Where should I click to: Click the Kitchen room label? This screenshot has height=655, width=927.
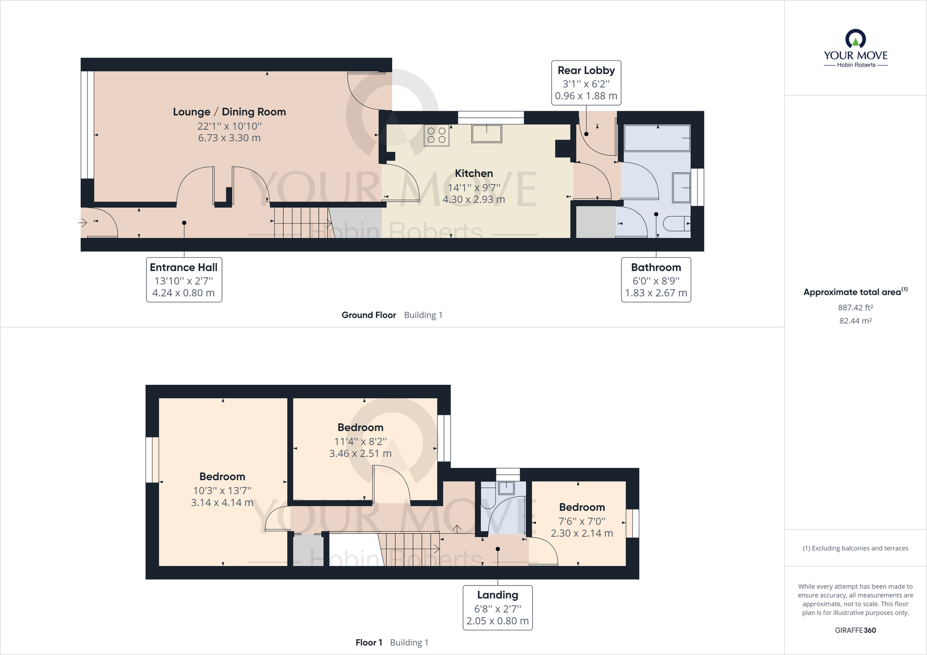click(474, 173)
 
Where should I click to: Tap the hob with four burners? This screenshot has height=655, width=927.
click(437, 135)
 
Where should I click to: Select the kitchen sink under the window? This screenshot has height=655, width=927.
click(487, 134)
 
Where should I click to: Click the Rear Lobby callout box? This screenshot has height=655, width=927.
click(586, 83)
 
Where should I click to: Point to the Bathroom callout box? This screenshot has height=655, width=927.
click(656, 280)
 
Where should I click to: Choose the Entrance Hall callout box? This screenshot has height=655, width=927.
click(184, 280)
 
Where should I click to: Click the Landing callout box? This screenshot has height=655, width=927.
click(498, 608)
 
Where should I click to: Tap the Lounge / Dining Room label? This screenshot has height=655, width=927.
click(229, 112)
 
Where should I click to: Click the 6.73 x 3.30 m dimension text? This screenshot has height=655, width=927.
click(229, 138)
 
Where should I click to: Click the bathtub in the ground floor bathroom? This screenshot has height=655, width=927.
click(657, 138)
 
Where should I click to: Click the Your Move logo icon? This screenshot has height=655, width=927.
click(856, 39)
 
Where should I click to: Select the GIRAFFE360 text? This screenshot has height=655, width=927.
click(856, 630)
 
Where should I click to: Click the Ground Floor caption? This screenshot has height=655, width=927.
click(369, 315)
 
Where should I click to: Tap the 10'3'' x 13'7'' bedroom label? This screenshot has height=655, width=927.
click(222, 490)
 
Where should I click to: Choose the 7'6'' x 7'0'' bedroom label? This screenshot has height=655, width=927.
click(582, 521)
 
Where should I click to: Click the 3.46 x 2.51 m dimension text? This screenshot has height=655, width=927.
click(361, 454)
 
